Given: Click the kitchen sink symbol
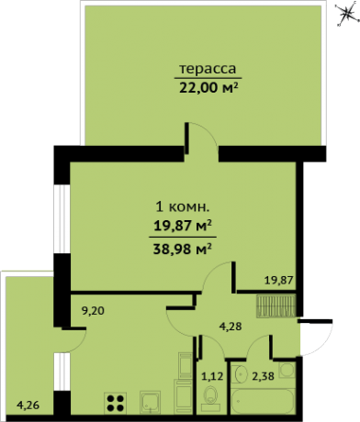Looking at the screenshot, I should point(151,401).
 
